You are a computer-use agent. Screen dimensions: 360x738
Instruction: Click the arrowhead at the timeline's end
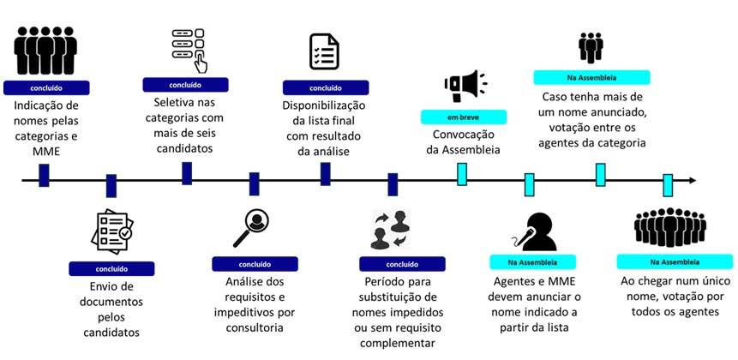[692, 180]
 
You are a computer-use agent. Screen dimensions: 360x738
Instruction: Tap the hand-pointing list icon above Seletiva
[189, 48]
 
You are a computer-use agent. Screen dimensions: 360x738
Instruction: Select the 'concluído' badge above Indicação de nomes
[47, 87]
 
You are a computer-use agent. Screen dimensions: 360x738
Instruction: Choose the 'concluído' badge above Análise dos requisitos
[255, 264]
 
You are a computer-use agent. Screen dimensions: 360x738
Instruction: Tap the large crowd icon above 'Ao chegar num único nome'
[669, 227]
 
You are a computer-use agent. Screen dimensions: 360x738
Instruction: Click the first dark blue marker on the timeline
[44, 175]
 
